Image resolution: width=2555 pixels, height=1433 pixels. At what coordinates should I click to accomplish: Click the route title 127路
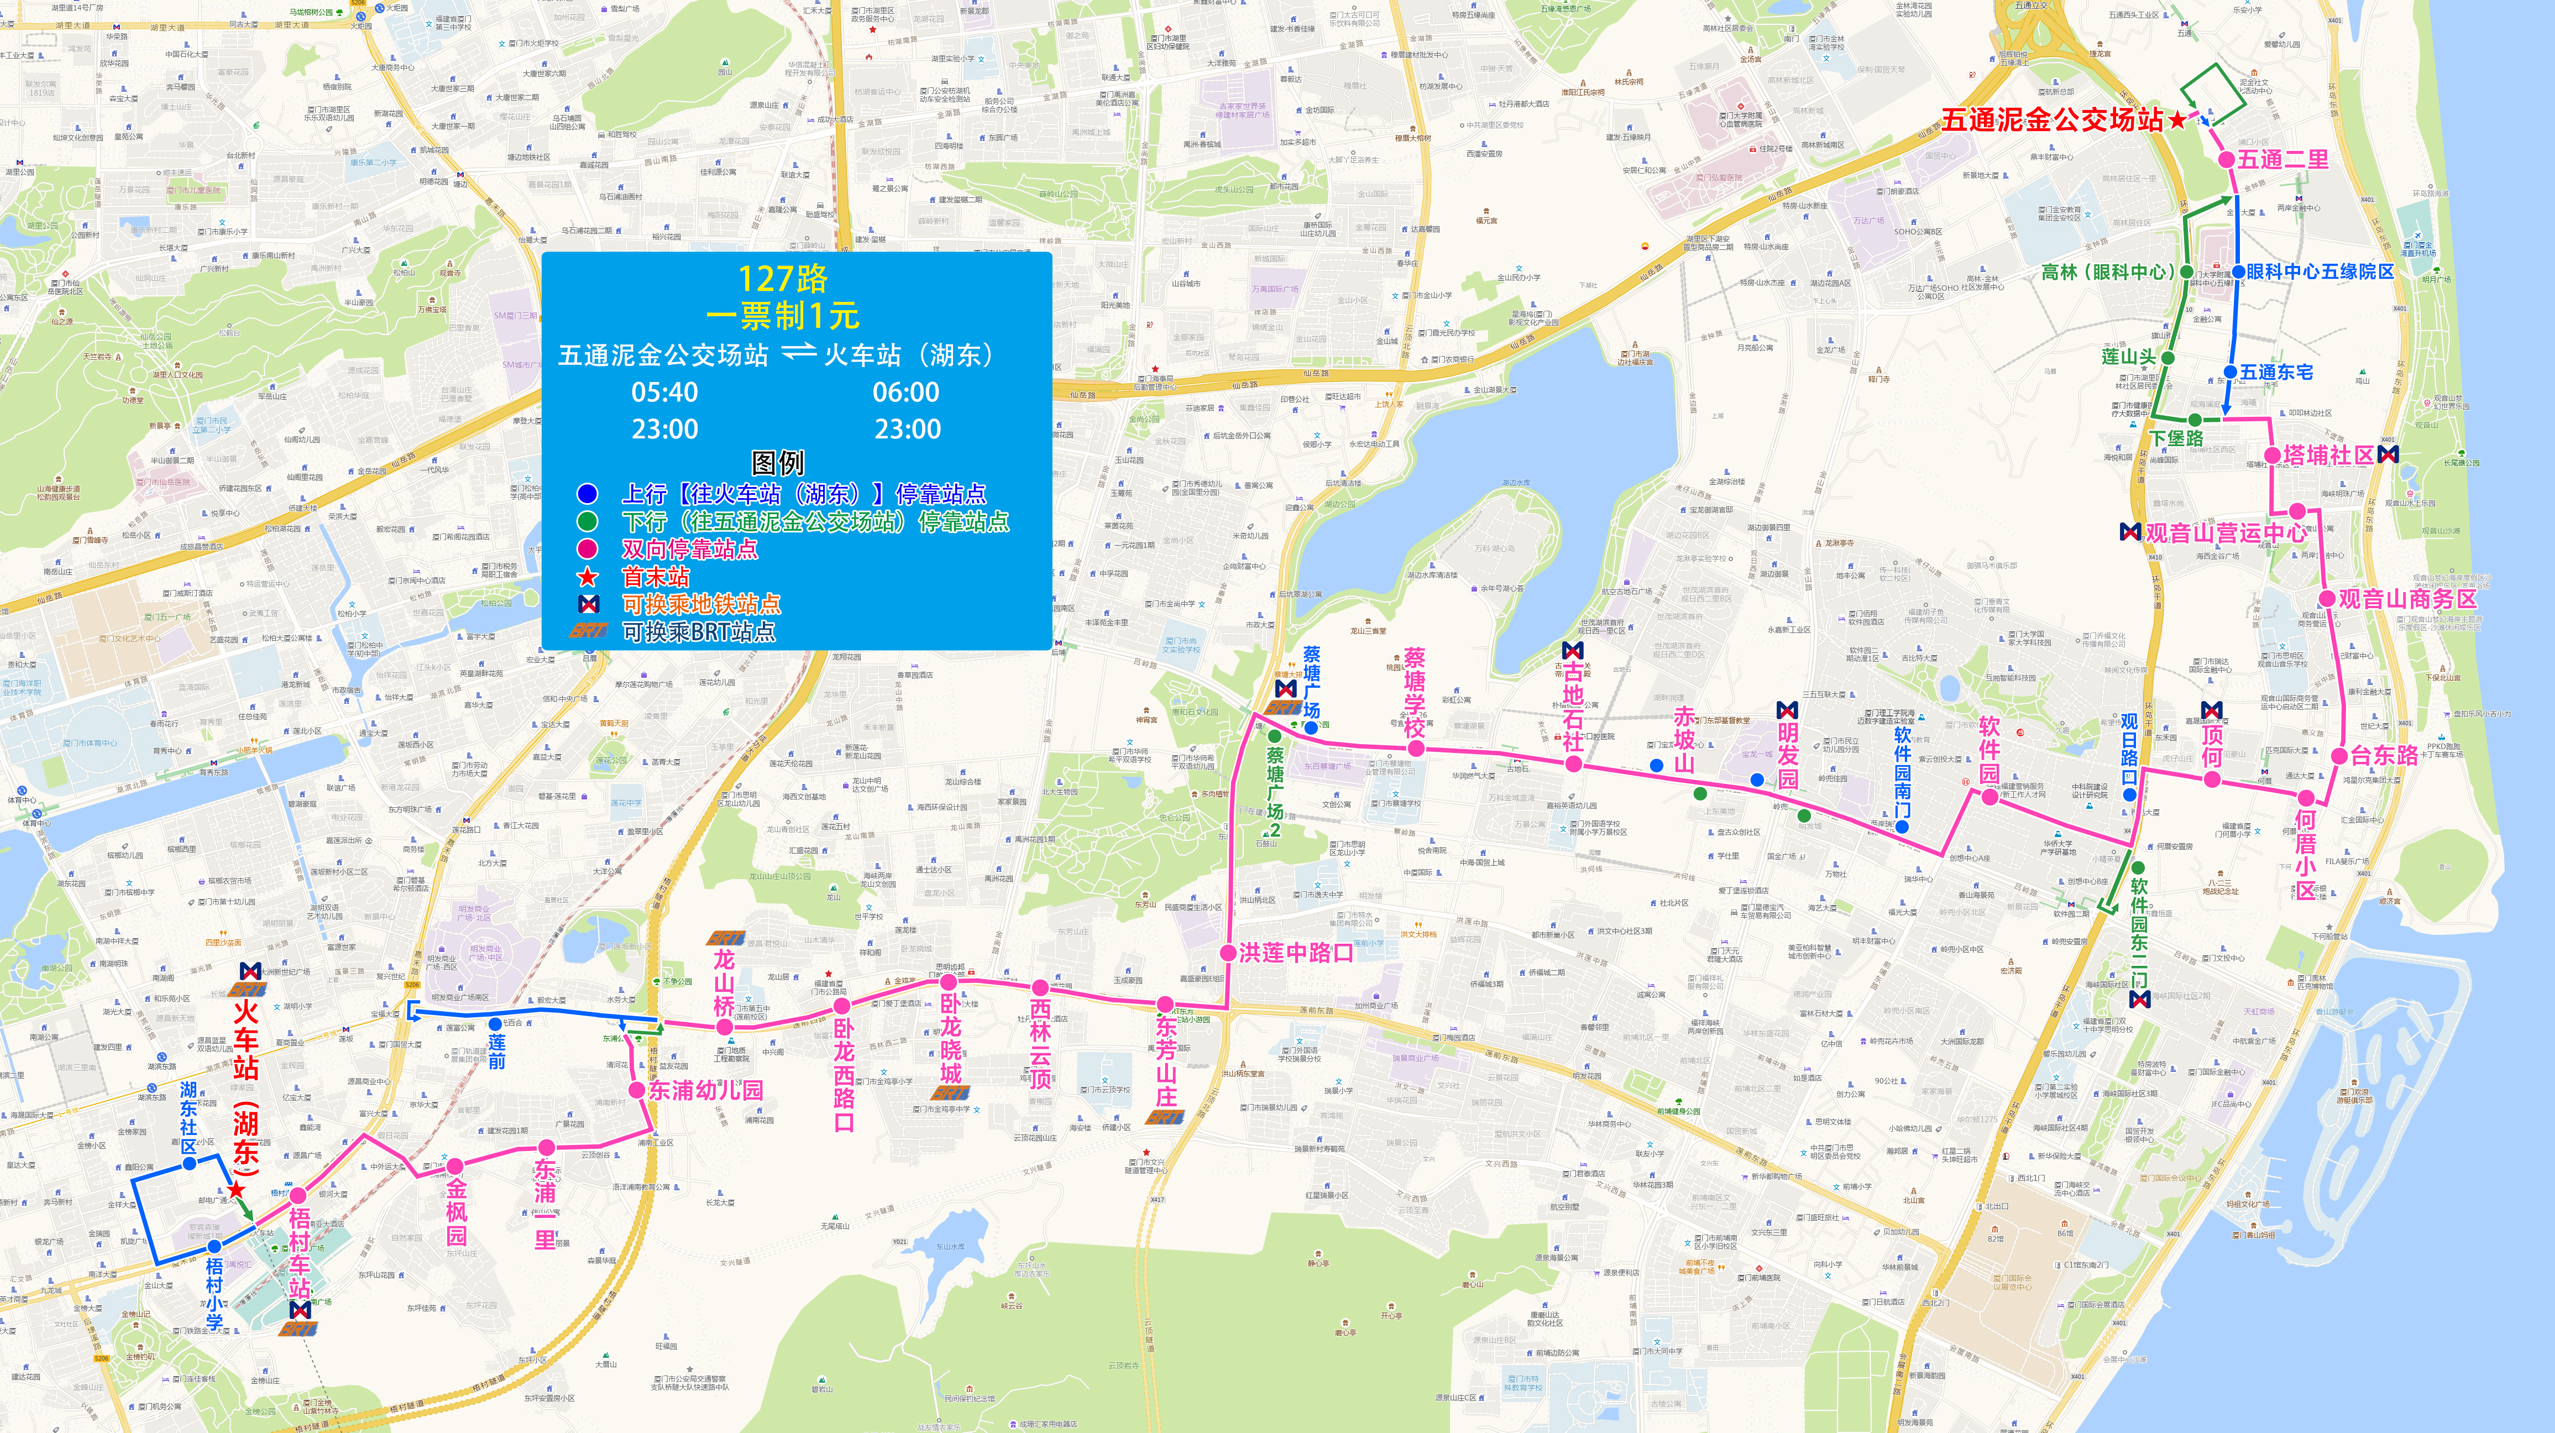(x=783, y=279)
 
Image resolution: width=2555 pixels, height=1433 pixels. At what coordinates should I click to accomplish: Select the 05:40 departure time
(x=664, y=393)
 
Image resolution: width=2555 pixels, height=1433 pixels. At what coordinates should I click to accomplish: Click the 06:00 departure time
(x=905, y=393)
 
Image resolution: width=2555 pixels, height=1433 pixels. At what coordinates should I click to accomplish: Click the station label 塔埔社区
(x=2328, y=455)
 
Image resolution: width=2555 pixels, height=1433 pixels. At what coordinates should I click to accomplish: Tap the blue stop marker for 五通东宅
(x=2231, y=373)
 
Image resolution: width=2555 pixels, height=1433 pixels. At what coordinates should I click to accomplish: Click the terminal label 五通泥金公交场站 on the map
(x=2051, y=120)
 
